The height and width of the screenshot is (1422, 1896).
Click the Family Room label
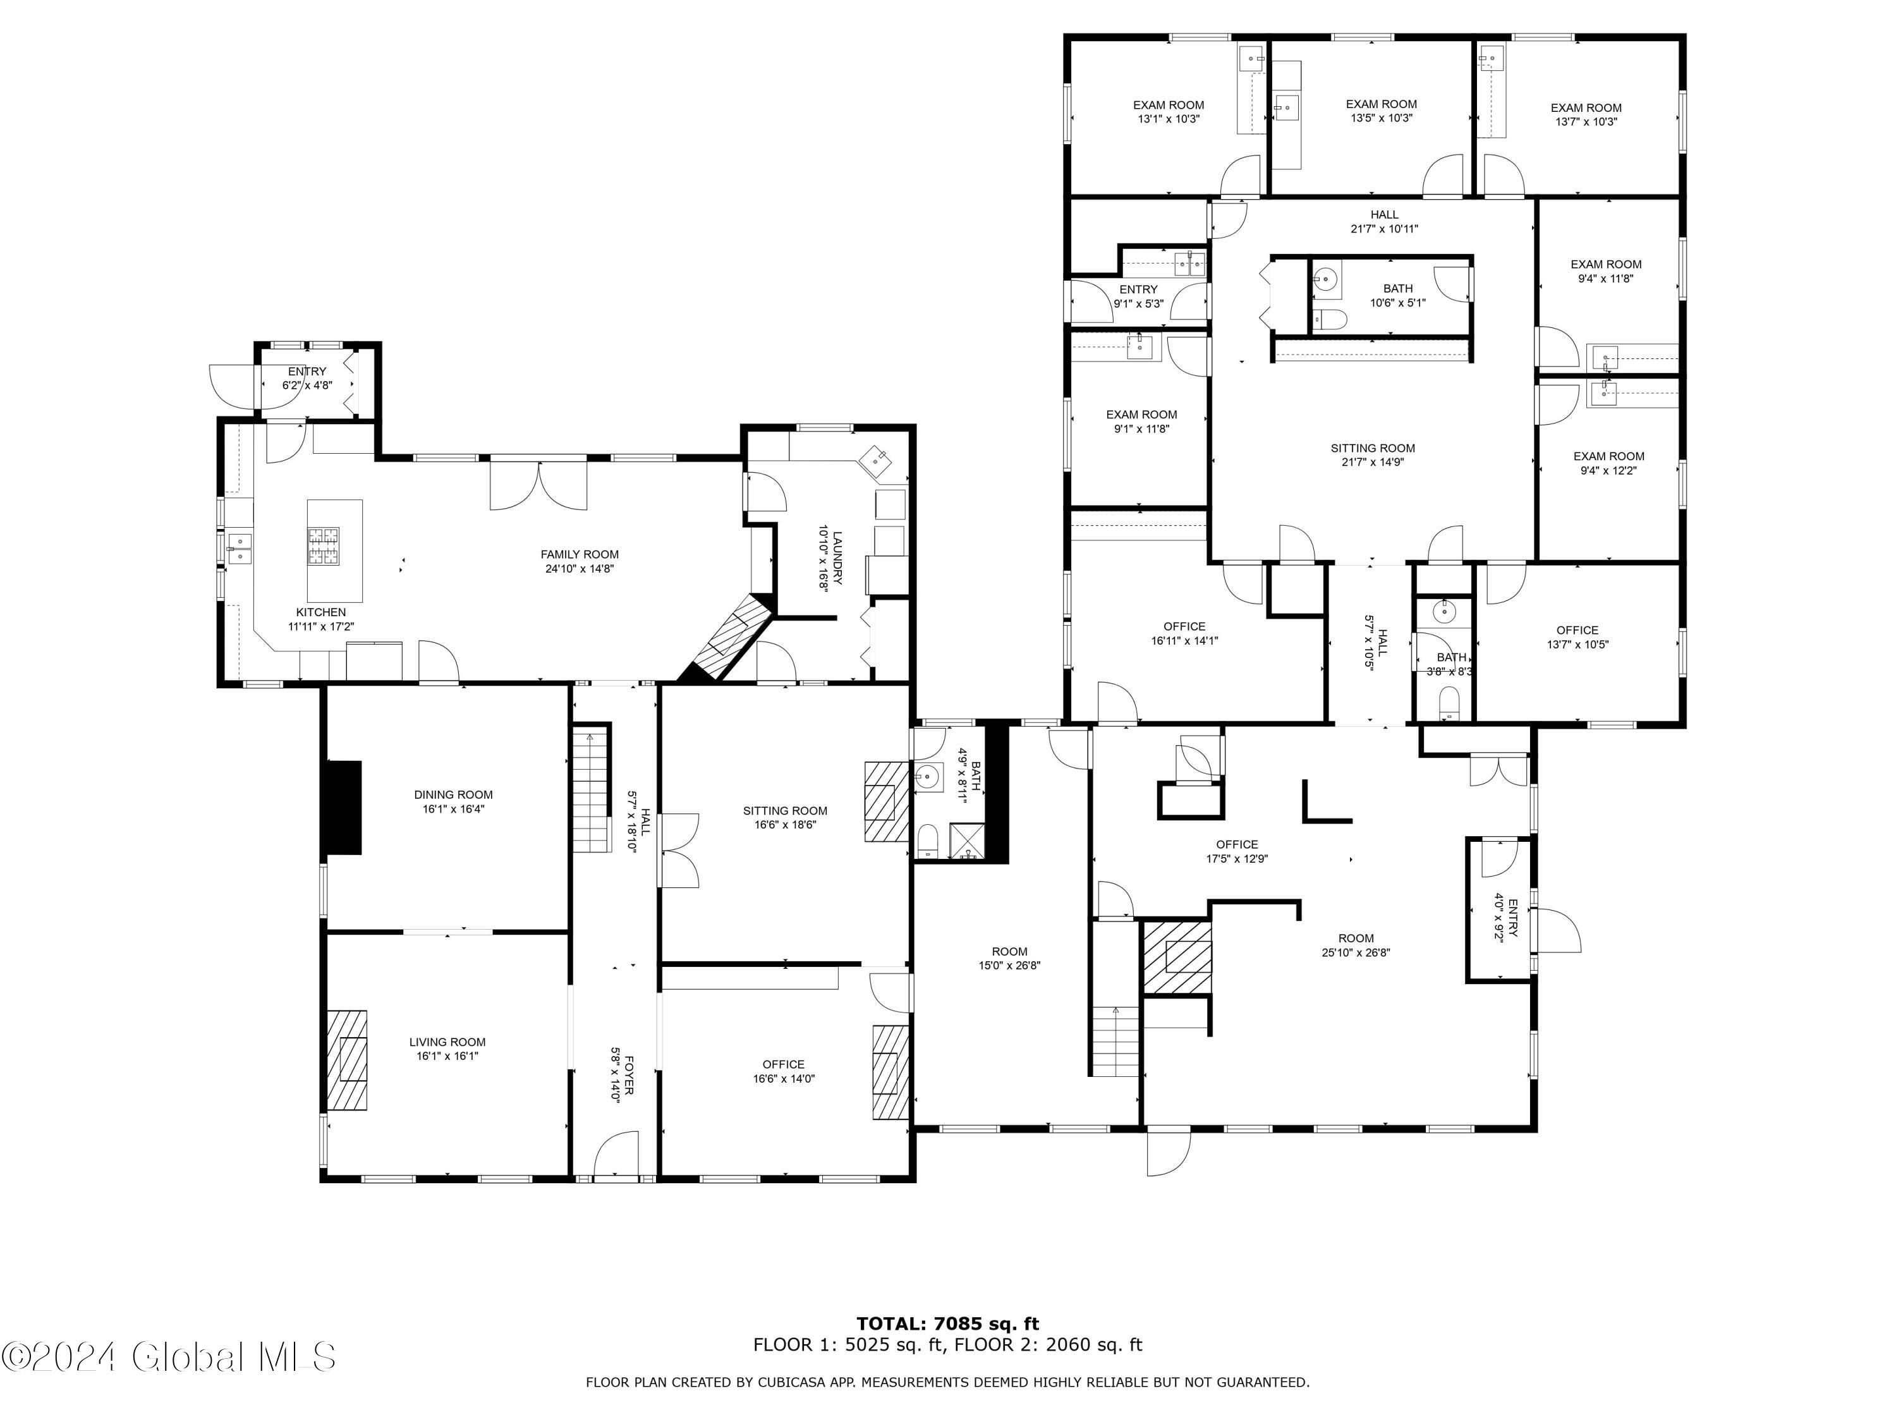[x=580, y=561]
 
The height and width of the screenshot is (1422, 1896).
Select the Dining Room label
[x=453, y=801]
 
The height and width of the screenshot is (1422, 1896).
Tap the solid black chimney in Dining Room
[x=342, y=808]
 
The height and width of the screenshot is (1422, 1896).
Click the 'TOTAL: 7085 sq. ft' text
[x=948, y=1324]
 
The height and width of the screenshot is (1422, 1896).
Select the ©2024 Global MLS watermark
[x=169, y=1357]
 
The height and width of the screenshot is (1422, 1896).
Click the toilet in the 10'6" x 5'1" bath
[x=1330, y=320]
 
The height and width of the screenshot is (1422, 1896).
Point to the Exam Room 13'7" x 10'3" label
[x=1586, y=115]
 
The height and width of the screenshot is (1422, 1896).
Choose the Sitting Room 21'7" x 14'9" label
[x=1372, y=455]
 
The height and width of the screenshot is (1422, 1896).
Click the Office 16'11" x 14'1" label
[x=1184, y=633]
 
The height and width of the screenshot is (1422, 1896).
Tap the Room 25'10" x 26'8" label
[x=1356, y=945]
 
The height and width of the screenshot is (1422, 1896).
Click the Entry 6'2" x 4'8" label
[x=307, y=378]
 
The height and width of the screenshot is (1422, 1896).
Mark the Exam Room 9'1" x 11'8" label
[x=1142, y=422]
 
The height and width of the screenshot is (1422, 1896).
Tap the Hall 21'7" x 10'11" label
[x=1384, y=222]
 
